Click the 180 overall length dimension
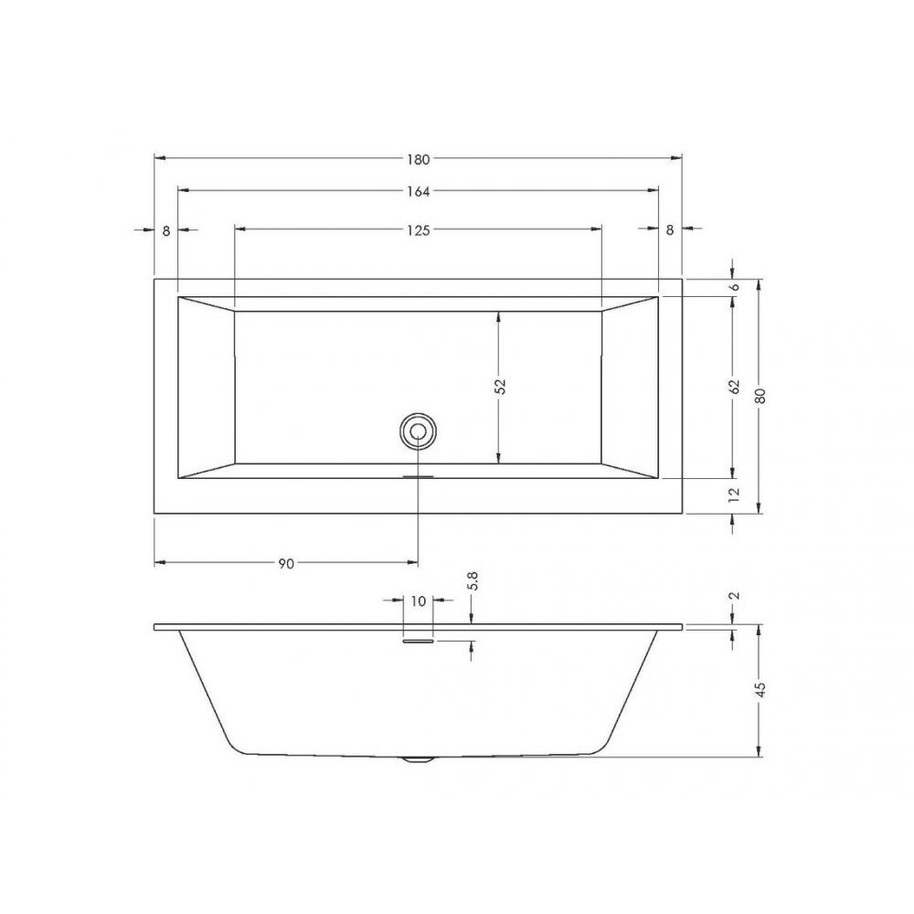pos(419,159)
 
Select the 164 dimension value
pos(419,191)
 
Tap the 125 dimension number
pos(419,230)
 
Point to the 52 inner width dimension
pos(500,387)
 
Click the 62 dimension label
pos(734,387)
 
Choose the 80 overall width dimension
pos(760,396)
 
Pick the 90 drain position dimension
pos(285,564)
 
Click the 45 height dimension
pos(760,689)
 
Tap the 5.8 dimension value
pos(473,581)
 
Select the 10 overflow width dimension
pos(419,601)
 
